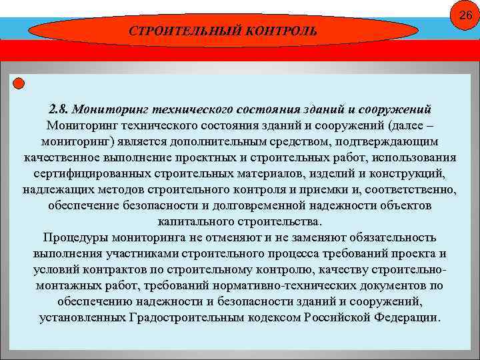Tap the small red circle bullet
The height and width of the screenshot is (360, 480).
[x=19, y=83]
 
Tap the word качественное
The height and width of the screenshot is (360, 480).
[x=61, y=157]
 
